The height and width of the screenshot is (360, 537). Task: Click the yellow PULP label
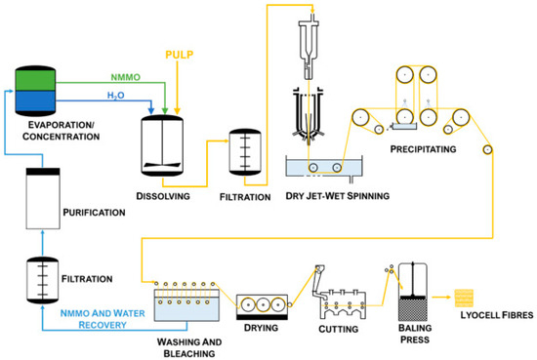pyautogui.click(x=179, y=55)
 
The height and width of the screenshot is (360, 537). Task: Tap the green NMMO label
pyautogui.click(x=125, y=77)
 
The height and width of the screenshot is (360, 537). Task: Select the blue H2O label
pyautogui.click(x=116, y=96)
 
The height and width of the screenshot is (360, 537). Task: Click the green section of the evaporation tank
pyautogui.click(x=35, y=80)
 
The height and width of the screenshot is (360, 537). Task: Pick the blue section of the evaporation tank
pyautogui.click(x=35, y=100)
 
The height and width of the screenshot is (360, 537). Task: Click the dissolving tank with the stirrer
pyautogui.click(x=162, y=145)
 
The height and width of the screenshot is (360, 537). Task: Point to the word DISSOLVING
pyautogui.click(x=163, y=196)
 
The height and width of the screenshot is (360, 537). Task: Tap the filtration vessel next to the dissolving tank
pyautogui.click(x=245, y=152)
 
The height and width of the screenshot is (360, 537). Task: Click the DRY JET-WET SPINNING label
pyautogui.click(x=338, y=196)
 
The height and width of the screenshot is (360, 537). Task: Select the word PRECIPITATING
pyautogui.click(x=424, y=149)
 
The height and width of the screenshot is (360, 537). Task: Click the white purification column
pyautogui.click(x=43, y=198)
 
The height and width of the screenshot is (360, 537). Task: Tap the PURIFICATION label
pyautogui.click(x=94, y=213)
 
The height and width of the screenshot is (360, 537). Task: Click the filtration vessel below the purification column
pyautogui.click(x=42, y=280)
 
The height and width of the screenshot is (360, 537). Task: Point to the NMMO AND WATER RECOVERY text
pyautogui.click(x=103, y=319)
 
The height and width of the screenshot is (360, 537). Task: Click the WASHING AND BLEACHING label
pyautogui.click(x=189, y=347)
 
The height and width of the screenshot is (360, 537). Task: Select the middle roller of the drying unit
pyautogui.click(x=263, y=304)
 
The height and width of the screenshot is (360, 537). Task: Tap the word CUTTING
pyautogui.click(x=339, y=329)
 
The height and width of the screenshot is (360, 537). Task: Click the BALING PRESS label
pyautogui.click(x=415, y=334)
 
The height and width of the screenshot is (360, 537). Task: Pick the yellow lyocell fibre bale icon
pyautogui.click(x=464, y=299)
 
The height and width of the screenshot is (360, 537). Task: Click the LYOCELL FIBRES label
pyautogui.click(x=497, y=315)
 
